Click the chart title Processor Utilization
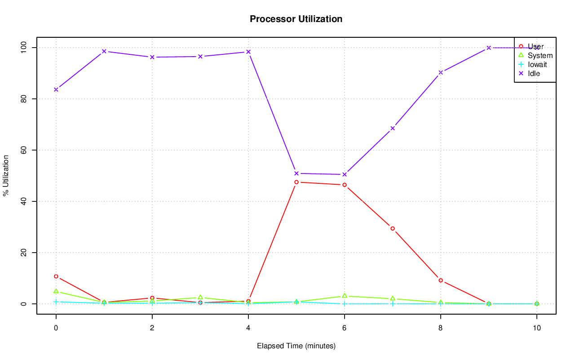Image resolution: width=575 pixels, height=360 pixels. (296, 19)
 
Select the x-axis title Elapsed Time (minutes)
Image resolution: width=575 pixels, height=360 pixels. (296, 346)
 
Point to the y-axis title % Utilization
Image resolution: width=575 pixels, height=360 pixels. (6, 175)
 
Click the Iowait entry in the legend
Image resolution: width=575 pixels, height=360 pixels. (537, 64)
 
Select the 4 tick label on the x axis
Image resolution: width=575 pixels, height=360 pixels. (248, 328)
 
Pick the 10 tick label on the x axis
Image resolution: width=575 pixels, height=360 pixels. (536, 328)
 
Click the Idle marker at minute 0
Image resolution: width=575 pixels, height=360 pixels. (56, 89)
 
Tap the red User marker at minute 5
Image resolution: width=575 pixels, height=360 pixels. (296, 182)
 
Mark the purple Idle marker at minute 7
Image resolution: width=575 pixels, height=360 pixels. (393, 128)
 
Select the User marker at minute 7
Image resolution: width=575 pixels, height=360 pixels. (393, 228)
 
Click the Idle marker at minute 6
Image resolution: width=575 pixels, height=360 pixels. (345, 174)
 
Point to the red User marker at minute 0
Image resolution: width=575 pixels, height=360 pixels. (56, 276)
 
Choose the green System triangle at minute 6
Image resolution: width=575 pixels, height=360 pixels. (345, 296)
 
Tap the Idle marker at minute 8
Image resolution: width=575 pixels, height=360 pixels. (441, 72)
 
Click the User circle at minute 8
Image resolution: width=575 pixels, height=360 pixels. (441, 280)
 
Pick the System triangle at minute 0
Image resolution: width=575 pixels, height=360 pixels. (56, 291)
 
